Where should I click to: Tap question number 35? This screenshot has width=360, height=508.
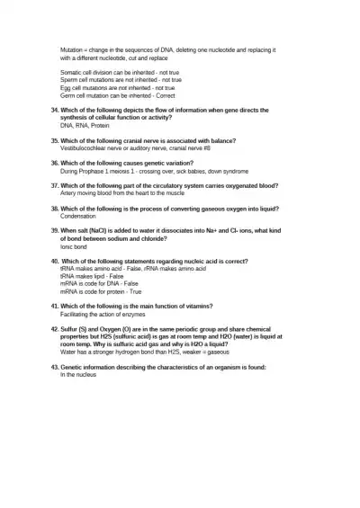tap(54, 140)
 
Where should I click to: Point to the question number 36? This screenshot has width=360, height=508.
tap(54, 163)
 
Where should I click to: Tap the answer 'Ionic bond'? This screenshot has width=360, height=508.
tap(74, 245)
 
